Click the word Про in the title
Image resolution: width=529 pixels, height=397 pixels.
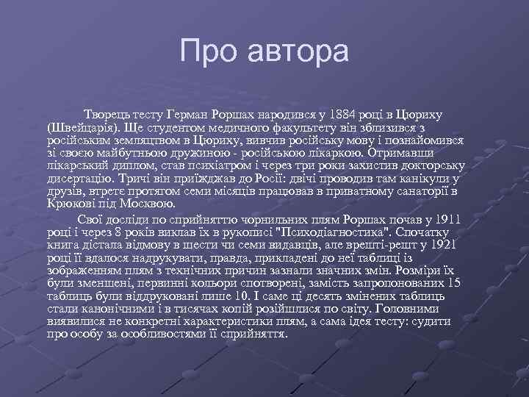point(208,52)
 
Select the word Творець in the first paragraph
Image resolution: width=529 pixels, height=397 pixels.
point(109,115)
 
